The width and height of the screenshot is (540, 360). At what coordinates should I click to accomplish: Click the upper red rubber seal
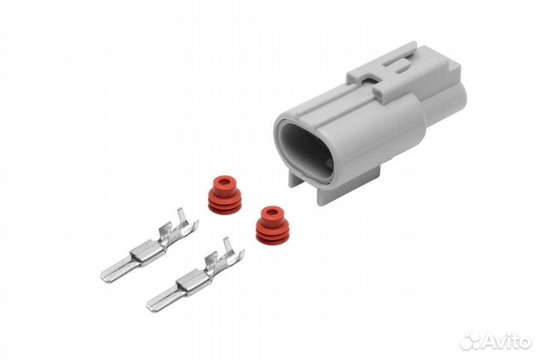coord(223,195)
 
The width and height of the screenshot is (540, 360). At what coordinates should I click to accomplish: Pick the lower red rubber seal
coord(272,226)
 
